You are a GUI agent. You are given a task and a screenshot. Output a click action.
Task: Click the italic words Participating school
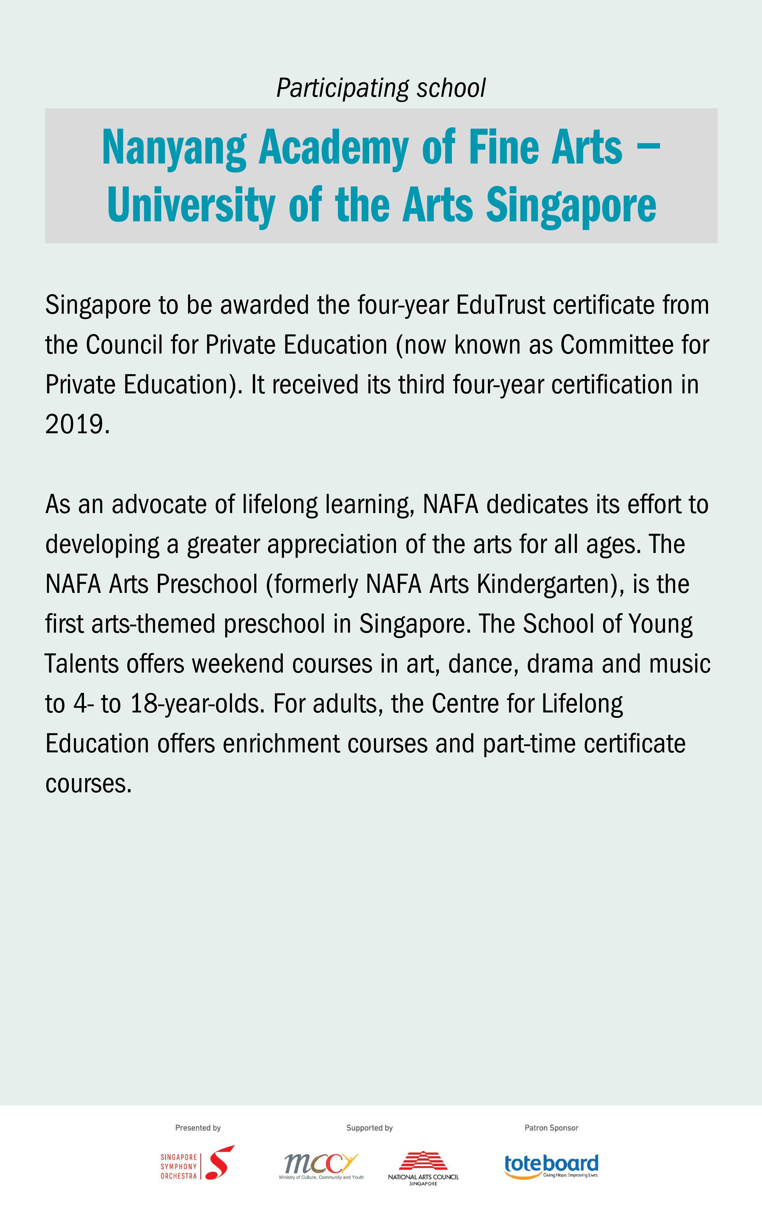(381, 88)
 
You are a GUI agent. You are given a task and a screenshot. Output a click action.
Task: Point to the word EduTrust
(500, 305)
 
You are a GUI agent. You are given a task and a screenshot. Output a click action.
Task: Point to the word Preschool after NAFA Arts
(207, 584)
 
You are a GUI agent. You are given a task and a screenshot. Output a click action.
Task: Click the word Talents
(81, 664)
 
